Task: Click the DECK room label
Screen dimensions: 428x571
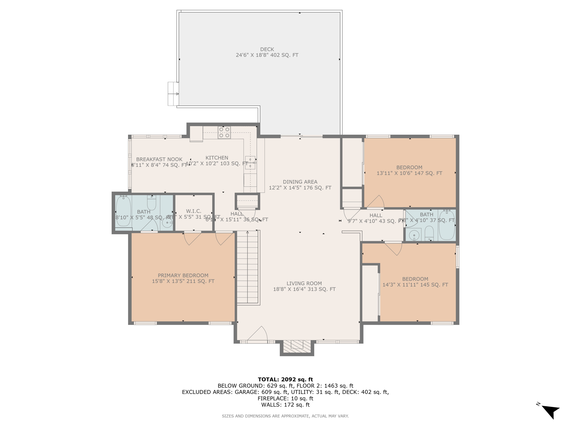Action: (267, 49)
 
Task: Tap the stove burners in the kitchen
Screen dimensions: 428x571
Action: (224, 133)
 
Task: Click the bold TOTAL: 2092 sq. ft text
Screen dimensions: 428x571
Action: (285, 379)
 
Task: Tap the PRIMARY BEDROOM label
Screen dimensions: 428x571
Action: (183, 275)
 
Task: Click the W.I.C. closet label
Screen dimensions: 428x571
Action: (194, 211)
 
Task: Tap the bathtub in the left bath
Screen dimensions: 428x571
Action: (123, 211)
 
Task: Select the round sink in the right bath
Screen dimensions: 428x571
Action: (414, 235)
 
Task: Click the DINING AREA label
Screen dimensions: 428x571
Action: (300, 182)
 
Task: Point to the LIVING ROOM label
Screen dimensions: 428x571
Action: (304, 283)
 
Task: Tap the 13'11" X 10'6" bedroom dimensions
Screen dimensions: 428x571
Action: (409, 173)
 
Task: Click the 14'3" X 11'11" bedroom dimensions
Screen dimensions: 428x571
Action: (415, 285)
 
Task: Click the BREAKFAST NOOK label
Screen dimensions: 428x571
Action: (159, 159)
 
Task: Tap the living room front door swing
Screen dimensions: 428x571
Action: (258, 334)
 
